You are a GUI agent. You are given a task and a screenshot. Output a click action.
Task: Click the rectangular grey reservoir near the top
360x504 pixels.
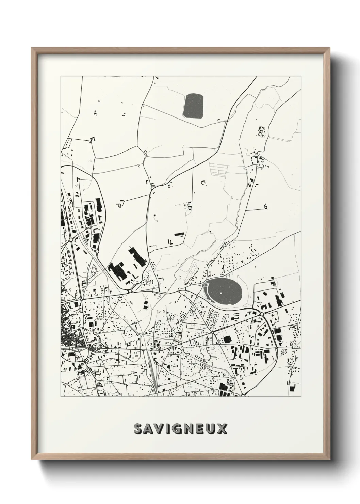[x=193, y=106]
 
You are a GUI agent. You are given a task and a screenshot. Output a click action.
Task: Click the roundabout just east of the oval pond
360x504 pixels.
[x=262, y=313]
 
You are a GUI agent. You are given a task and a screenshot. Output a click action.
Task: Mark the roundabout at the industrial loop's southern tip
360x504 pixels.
[x=97, y=251]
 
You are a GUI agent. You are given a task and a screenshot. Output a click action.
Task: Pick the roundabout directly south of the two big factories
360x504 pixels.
[x=130, y=291]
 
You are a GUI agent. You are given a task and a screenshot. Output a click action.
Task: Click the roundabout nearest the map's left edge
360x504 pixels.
[x=71, y=240]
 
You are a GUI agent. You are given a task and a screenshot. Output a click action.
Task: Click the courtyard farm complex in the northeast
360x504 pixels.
[x=261, y=131]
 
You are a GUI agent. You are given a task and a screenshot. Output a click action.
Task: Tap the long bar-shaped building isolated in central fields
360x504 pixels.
[x=179, y=234]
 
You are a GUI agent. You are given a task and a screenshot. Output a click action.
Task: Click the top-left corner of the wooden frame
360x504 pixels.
[x=32, y=48]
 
